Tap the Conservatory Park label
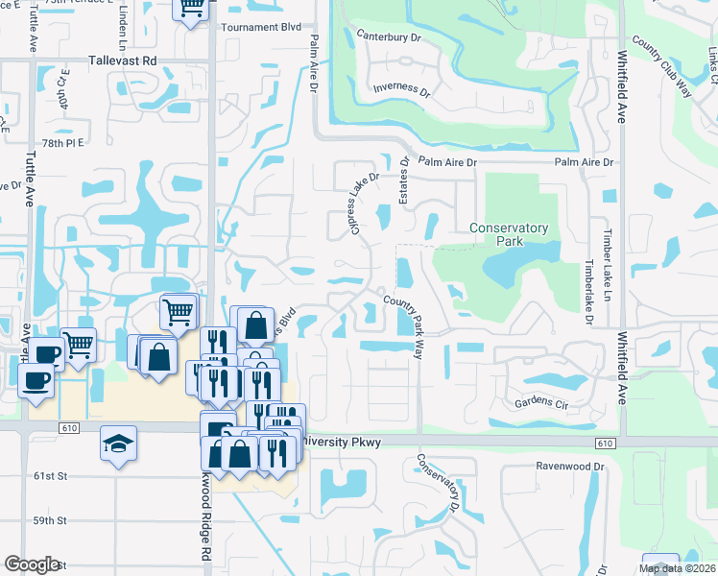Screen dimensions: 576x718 pyautogui.click(x=509, y=234)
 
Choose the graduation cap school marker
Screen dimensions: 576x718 pyautogui.click(x=118, y=444)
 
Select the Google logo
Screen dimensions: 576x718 pyautogui.click(x=32, y=564)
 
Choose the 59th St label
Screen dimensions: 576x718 pyautogui.click(x=48, y=520)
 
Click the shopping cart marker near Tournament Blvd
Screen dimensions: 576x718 pyautogui.click(x=191, y=8)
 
